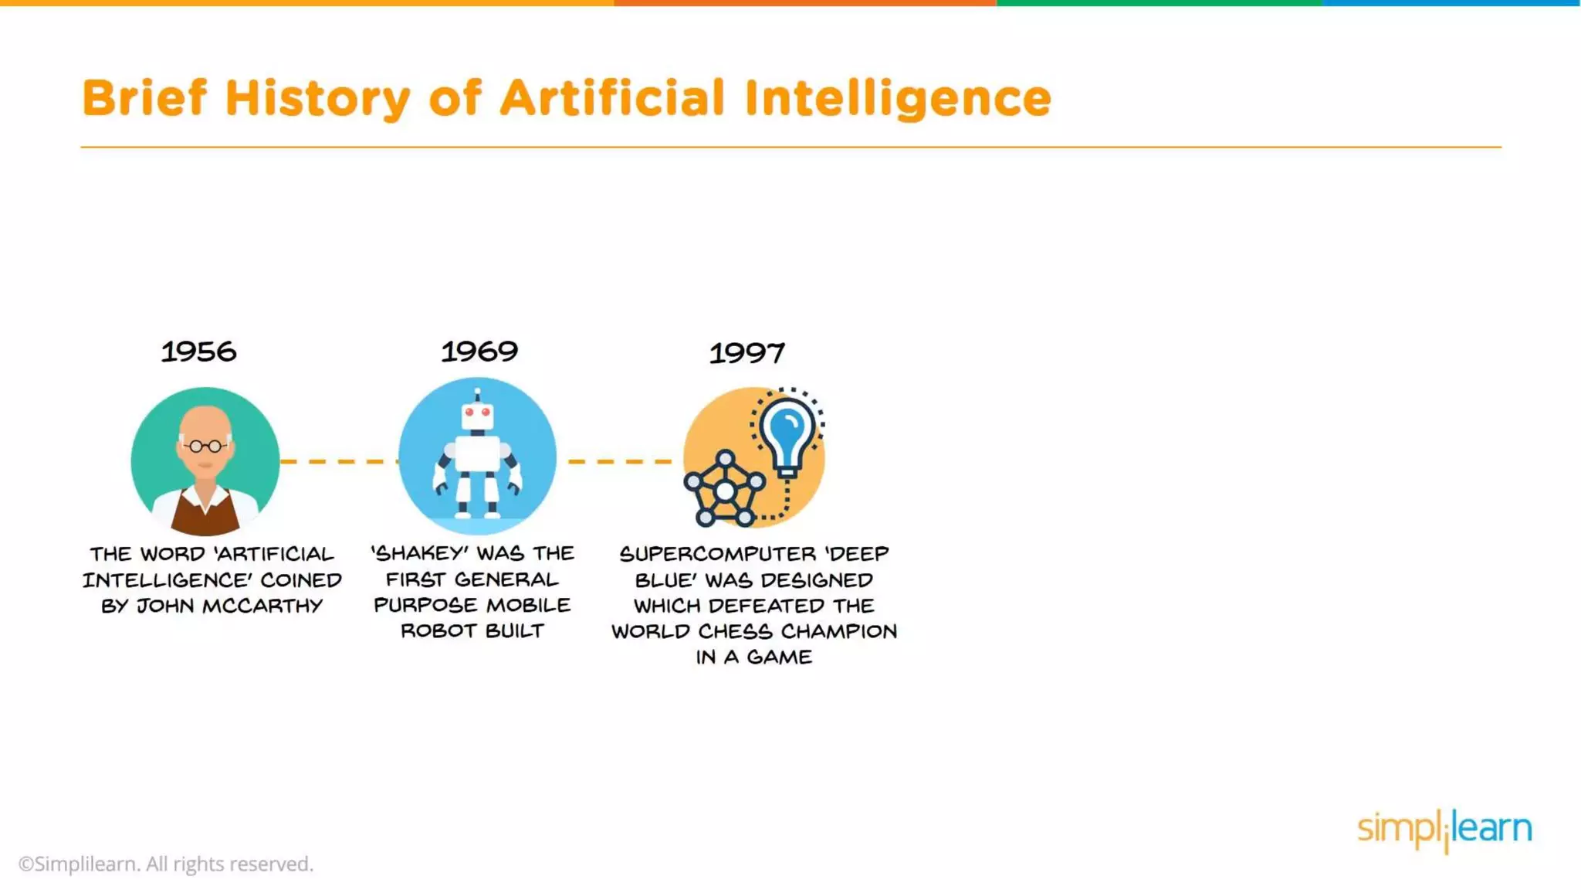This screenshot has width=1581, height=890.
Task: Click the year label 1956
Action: point(198,352)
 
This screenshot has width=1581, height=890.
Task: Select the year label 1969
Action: point(479,352)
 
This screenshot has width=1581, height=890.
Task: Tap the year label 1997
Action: point(746,354)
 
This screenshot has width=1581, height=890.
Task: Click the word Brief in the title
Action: point(144,98)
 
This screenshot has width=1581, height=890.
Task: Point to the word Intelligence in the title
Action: point(897,99)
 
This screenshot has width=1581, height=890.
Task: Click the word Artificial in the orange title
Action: point(612,98)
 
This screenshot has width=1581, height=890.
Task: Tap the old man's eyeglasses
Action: point(205,446)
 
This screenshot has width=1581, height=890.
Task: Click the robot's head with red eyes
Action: point(477,416)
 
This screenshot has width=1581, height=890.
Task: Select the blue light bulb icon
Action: point(787,432)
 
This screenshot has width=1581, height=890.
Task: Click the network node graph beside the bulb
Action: point(724,490)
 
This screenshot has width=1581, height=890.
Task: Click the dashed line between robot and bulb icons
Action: point(620,461)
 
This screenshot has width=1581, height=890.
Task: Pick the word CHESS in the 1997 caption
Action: point(735,631)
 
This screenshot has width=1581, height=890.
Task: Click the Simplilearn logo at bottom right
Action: point(1444,830)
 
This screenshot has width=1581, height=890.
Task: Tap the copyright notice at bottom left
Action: point(166,864)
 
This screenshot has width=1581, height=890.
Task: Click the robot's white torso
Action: point(477,453)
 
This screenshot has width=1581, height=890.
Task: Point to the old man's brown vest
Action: point(205,514)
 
